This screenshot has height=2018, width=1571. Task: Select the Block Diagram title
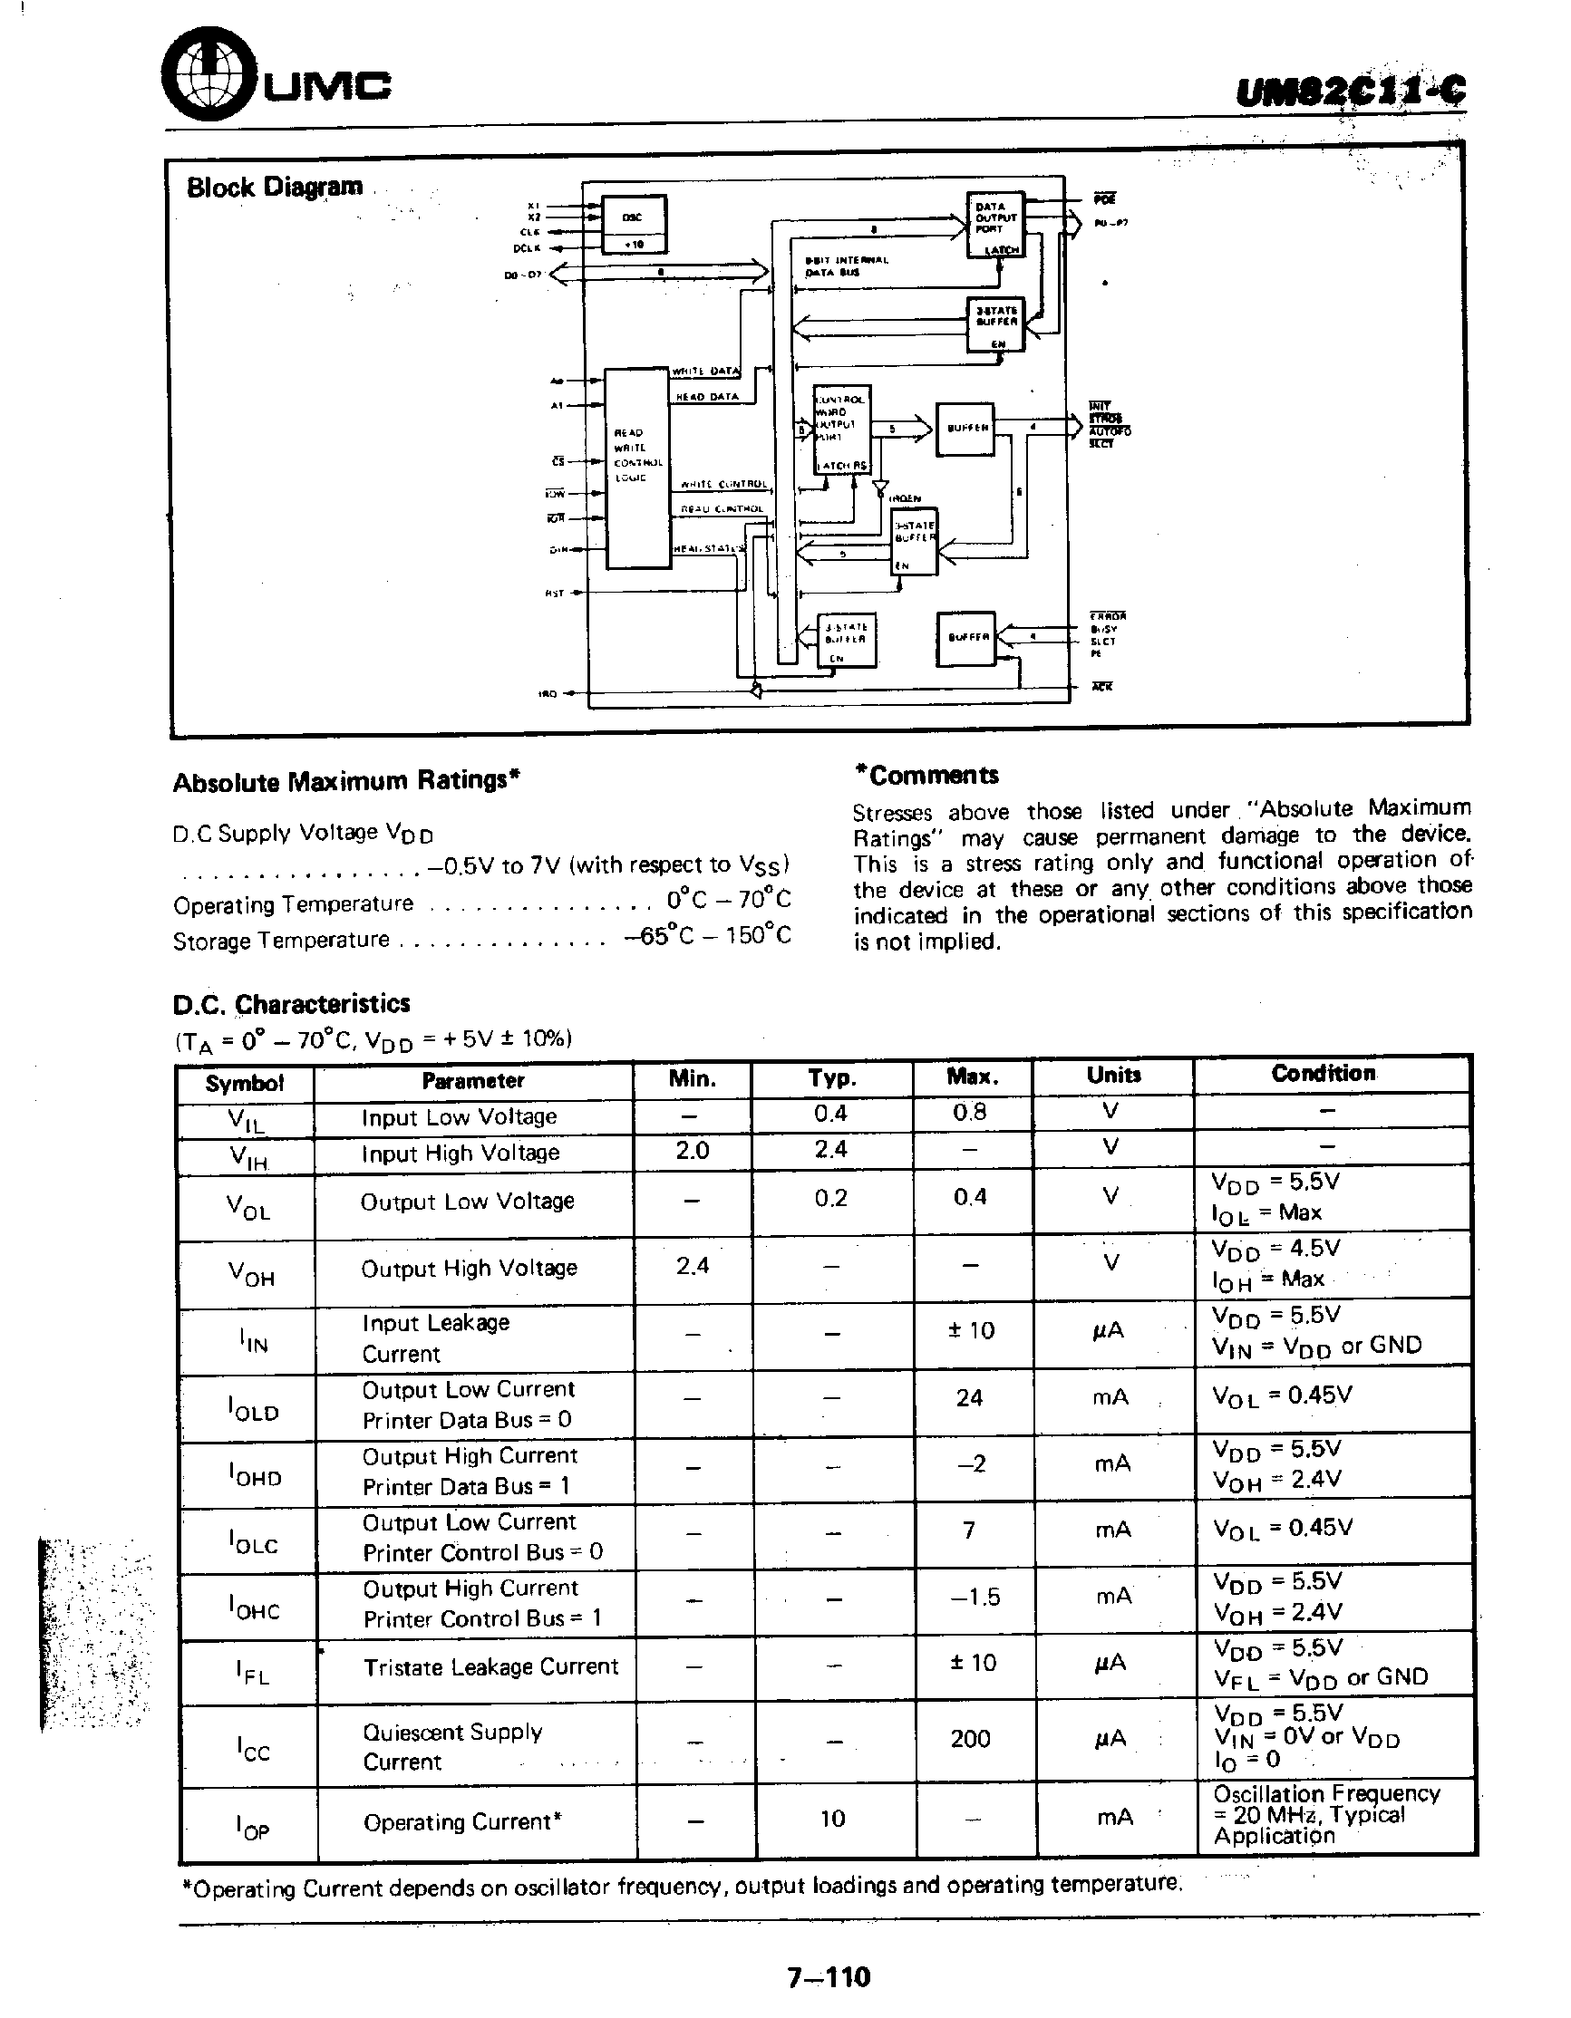click(x=275, y=188)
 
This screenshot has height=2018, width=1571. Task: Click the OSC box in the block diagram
click(x=633, y=217)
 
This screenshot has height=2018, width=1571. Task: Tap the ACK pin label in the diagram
click(x=1101, y=687)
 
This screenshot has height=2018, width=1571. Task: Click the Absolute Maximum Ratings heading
click(x=345, y=781)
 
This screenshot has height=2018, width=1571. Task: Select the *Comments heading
click(x=926, y=776)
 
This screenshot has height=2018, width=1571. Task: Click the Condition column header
click(x=1324, y=1073)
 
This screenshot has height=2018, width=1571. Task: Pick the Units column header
click(x=1113, y=1075)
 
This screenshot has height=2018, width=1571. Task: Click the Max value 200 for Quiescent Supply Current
click(x=970, y=1739)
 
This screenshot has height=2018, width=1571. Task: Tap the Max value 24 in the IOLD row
click(x=969, y=1397)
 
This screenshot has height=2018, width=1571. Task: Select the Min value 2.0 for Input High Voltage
click(x=693, y=1151)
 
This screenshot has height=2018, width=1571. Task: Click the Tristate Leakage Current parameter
click(x=490, y=1666)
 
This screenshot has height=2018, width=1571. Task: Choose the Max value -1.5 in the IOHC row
click(x=975, y=1597)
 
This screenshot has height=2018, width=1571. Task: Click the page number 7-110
click(x=829, y=1976)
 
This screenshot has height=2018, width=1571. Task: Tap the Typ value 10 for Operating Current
click(x=832, y=1819)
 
